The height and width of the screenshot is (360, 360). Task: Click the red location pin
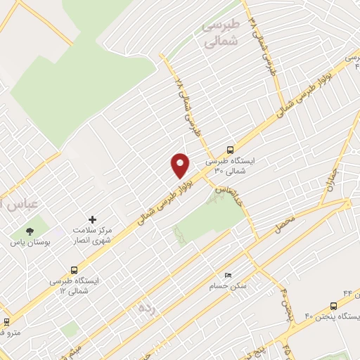[x=180, y=165]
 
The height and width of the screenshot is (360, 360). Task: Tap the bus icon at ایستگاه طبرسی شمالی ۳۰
[x=230, y=149]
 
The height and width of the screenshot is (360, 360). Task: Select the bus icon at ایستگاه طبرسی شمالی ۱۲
[x=75, y=269]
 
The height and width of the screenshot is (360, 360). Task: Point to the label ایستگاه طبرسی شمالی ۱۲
[x=75, y=285]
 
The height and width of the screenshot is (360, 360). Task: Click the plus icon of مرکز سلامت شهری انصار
[x=92, y=220]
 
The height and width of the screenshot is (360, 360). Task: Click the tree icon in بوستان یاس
[x=30, y=231]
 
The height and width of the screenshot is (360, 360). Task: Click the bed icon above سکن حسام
[x=226, y=275]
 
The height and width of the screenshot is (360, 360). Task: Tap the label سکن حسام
[x=225, y=286]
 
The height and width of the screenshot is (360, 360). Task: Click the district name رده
[x=146, y=308]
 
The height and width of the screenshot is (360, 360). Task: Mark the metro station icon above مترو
[x=7, y=322]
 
